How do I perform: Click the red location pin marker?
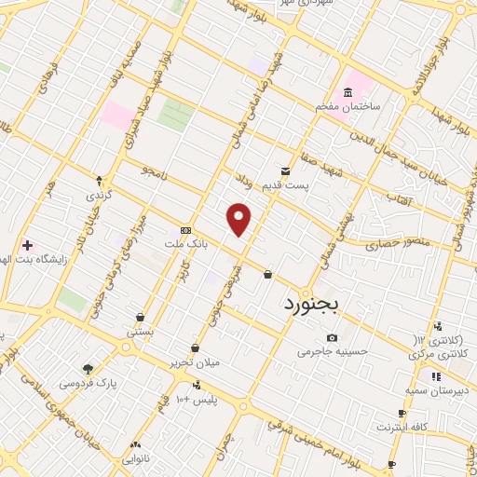[x=239, y=220]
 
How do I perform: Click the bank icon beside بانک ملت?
[x=186, y=230]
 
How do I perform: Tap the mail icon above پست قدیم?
[x=285, y=170]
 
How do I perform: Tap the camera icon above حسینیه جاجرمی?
[x=332, y=336]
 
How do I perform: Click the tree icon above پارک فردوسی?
[x=88, y=368]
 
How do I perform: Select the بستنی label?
[x=140, y=332]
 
